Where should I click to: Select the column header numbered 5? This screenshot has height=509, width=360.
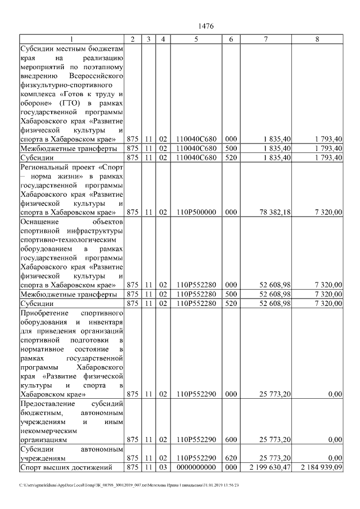pyautogui.click(x=196, y=39)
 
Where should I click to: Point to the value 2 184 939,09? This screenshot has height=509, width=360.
pyautogui.click(x=321, y=467)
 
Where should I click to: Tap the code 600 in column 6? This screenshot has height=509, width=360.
pyautogui.click(x=230, y=439)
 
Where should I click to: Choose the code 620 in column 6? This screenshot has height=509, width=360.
pyautogui.click(x=230, y=458)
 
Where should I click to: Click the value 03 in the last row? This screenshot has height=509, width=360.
pyautogui.click(x=163, y=467)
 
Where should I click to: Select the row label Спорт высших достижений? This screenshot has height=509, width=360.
pyautogui.click(x=62, y=467)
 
